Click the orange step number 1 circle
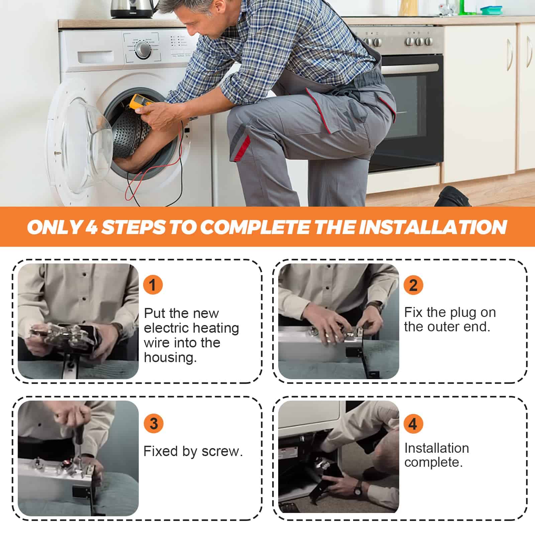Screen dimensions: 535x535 153,285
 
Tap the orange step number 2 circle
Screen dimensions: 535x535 413,285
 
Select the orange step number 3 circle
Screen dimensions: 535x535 153,423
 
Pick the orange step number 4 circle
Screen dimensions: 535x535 413,423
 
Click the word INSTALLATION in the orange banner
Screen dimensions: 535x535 433,227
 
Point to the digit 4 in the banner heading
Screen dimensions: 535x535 91,227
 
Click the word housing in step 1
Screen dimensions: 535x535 170,358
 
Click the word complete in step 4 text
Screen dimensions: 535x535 433,462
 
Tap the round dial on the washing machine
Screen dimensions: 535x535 143,50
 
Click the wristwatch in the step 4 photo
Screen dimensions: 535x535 358,489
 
